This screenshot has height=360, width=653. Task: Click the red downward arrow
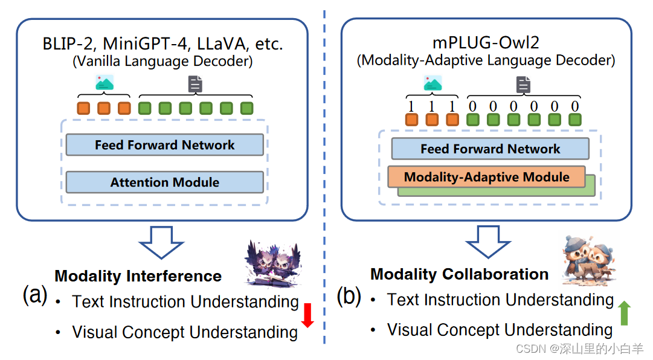pos(307,315)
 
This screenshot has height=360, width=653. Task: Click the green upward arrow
pos(624,313)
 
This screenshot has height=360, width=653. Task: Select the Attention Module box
pos(164,182)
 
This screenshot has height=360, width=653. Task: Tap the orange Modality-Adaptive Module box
pos(486,177)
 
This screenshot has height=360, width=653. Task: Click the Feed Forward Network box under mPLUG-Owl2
pos(490,149)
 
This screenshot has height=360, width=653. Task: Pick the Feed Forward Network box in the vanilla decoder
pos(164,145)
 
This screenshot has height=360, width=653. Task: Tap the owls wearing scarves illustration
pos(588,259)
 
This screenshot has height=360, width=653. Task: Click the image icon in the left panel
pos(105,83)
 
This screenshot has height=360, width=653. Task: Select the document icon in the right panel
pos(523,85)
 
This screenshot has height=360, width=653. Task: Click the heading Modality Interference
pos(138,276)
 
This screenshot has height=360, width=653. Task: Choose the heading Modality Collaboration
pos(459,274)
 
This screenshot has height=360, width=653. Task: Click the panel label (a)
pos(35,296)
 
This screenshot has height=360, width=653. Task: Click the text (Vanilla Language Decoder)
pos(162,61)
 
